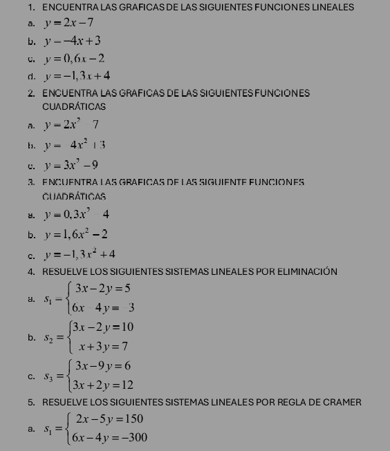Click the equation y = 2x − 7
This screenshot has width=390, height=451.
pyautogui.click(x=68, y=23)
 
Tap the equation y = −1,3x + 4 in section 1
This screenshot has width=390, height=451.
pyautogui.click(x=76, y=75)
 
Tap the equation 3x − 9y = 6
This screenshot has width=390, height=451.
pyautogui.click(x=103, y=366)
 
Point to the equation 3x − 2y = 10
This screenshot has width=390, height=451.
pyautogui.click(x=104, y=326)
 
